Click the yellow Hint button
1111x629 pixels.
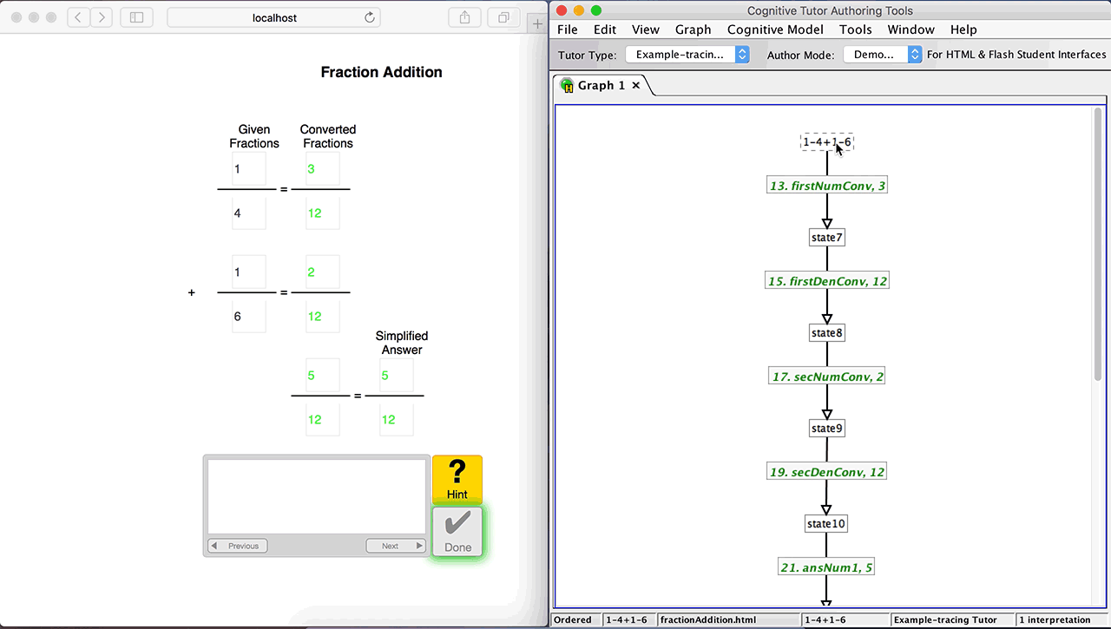coord(457,479)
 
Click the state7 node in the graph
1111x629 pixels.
coord(826,238)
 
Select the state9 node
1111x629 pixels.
coord(826,429)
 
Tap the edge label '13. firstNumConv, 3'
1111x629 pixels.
coord(827,186)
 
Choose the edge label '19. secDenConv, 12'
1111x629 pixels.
coord(827,472)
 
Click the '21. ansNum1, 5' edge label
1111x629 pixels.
coord(826,567)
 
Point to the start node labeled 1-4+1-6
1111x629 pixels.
coord(826,142)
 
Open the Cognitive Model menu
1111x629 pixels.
coord(775,29)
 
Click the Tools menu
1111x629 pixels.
coord(855,29)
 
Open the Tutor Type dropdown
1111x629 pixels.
coord(687,55)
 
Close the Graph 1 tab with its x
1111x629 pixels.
coord(636,85)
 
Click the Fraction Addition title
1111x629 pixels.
coord(381,73)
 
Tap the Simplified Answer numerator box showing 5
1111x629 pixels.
coord(396,377)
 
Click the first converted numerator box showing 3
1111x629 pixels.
coord(322,169)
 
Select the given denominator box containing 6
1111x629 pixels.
coord(248,317)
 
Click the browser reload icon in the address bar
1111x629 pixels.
coord(370,17)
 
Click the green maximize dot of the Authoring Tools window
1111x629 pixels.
coord(596,10)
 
